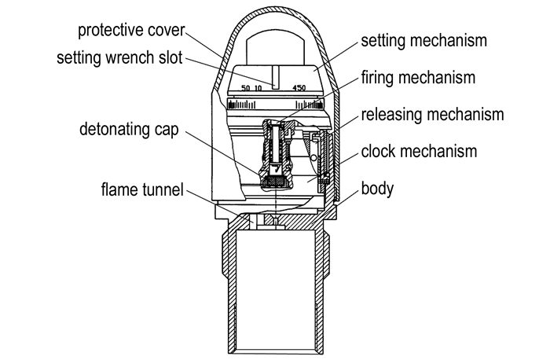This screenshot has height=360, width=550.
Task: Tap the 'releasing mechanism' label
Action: tap(431, 116)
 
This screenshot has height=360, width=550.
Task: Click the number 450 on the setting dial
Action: tap(299, 88)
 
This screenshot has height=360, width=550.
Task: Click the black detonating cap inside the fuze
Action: tap(274, 182)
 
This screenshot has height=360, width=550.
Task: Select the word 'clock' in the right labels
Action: tap(380, 152)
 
